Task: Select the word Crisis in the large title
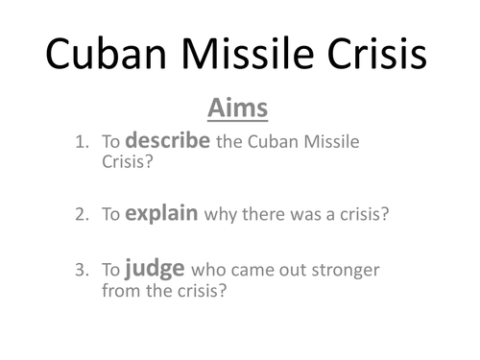click(380, 56)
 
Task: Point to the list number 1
click(80, 143)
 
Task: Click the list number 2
click(80, 214)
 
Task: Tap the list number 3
click(80, 270)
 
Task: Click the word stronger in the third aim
click(337, 270)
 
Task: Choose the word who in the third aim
click(207, 270)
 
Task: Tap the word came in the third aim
click(249, 270)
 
